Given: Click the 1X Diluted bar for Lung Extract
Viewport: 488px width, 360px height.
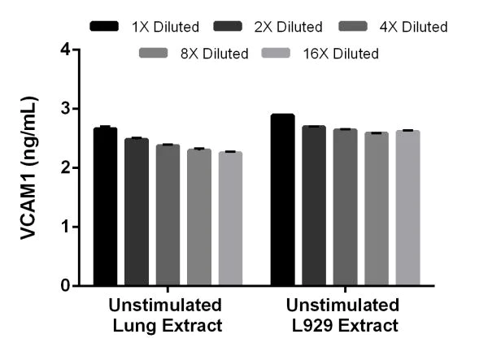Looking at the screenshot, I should (105, 207).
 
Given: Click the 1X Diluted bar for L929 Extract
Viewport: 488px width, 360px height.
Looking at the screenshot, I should (282, 200).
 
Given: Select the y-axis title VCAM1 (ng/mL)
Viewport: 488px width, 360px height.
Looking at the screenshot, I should (29, 168).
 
